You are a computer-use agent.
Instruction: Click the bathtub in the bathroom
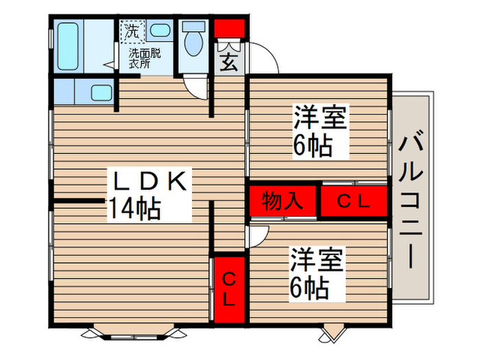(69, 46)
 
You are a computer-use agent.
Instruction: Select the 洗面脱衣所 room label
(145, 58)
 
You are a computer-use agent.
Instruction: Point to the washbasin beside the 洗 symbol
(160, 30)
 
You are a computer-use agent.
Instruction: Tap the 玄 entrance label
(229, 62)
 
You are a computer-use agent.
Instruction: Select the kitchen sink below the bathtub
(101, 93)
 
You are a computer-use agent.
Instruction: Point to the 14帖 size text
(134, 208)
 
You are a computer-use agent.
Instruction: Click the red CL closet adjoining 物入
(354, 201)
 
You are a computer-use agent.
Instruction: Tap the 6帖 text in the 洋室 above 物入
(313, 145)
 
